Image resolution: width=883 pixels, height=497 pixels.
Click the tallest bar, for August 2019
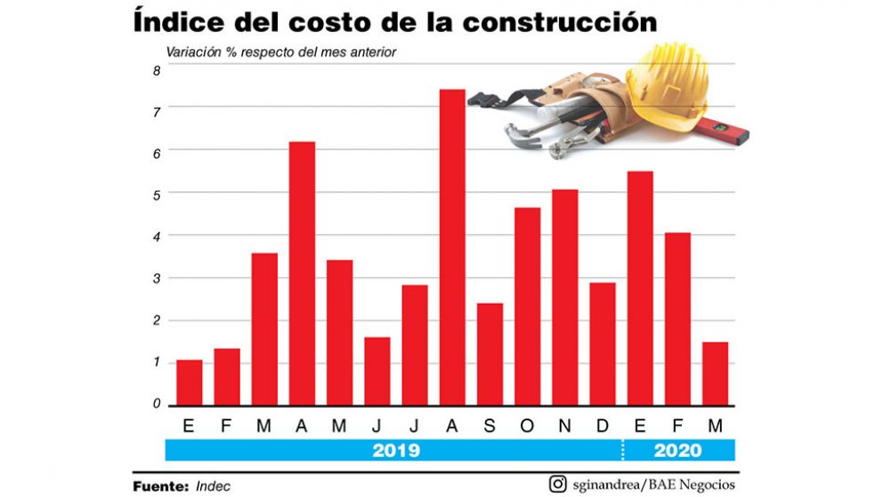click(x=451, y=247)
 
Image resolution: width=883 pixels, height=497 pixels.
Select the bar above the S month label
click(x=490, y=354)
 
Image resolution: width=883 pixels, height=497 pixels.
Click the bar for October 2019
click(x=527, y=306)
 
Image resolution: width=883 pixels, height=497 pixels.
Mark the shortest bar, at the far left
click(x=189, y=382)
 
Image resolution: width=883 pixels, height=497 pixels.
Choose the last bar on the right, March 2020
click(x=715, y=373)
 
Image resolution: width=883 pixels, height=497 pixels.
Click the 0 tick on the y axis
click(x=156, y=404)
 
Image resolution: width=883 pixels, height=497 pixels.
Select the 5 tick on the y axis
click(x=156, y=194)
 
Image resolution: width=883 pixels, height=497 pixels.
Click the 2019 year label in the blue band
click(x=395, y=451)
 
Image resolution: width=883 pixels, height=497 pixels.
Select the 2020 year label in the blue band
click(x=677, y=451)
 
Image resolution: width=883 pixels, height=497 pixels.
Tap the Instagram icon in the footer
click(x=558, y=485)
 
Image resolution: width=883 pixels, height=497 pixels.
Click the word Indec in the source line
click(x=214, y=486)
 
